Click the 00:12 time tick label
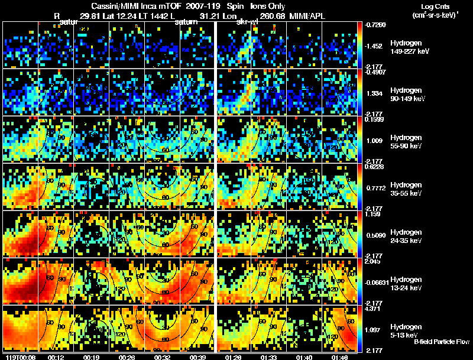pyautogui.click(x=56, y=357)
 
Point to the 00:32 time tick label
pyautogui.click(x=162, y=357)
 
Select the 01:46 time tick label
pyautogui.click(x=341, y=357)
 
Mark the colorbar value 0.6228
pyautogui.click(x=375, y=167)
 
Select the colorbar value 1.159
pyautogui.click(x=373, y=215)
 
